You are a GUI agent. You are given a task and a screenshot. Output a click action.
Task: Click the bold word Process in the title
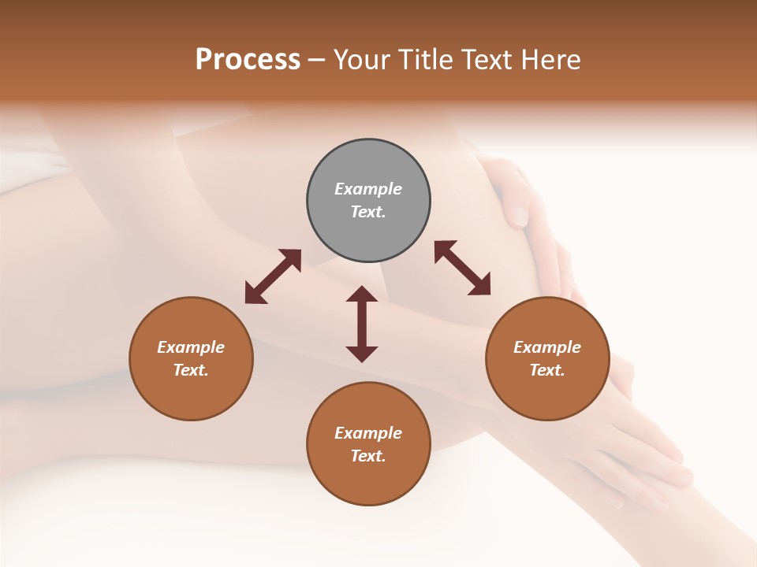248,60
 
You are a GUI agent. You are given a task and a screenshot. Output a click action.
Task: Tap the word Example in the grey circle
368,189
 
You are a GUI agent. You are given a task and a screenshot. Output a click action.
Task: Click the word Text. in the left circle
191,370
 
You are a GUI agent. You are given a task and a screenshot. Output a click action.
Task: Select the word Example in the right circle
547,347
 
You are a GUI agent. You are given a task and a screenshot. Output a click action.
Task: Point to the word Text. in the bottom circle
368,456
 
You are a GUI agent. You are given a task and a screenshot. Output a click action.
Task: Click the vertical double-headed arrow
362,324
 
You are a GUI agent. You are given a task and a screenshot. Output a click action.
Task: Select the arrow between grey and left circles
273,276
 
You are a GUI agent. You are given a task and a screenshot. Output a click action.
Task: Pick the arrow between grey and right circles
463,268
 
